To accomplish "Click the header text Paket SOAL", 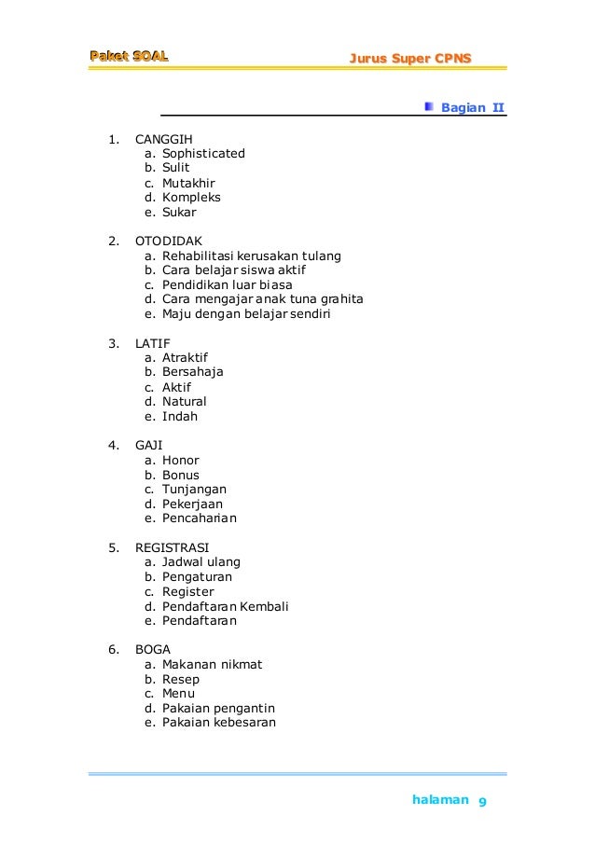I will tap(129, 56).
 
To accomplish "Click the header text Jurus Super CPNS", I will tap(410, 59).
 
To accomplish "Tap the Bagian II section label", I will tap(472, 107).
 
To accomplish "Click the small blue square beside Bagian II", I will tap(428, 106).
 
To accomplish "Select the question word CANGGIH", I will tap(163, 139).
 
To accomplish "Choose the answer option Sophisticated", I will tap(203, 153).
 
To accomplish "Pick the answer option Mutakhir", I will tap(188, 183).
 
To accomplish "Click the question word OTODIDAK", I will tap(168, 241).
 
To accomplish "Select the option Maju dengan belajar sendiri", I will tap(246, 314).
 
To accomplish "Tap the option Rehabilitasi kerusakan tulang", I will tap(252, 256).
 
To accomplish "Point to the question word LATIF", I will tap(153, 342).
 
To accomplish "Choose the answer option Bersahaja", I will tap(193, 372).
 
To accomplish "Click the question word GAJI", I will tap(148, 445).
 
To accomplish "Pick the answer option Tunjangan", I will tap(194, 490).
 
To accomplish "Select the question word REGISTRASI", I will tap(172, 547).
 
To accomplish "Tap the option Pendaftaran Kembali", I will tap(225, 606).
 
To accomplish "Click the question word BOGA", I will tap(153, 650).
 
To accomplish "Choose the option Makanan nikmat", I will tap(212, 665).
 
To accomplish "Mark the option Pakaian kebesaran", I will tap(218, 723).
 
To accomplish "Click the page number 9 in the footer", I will tap(483, 803).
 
